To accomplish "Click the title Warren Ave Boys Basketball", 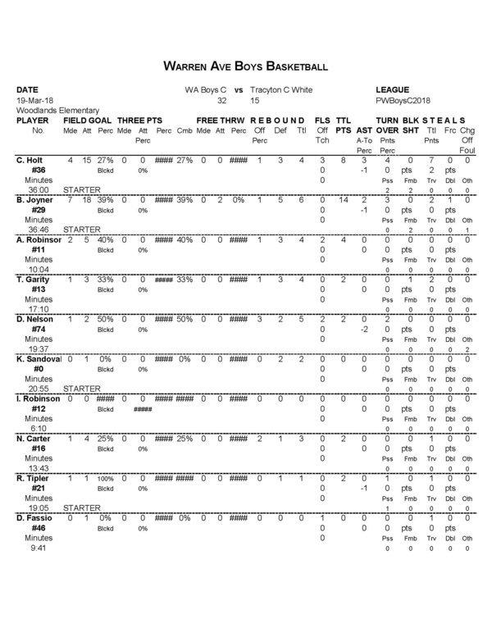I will (246, 65).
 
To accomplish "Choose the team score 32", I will (221, 100).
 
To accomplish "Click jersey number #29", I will (37, 210).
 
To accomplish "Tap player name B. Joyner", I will (35, 200).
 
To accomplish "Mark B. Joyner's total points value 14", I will (344, 200).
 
